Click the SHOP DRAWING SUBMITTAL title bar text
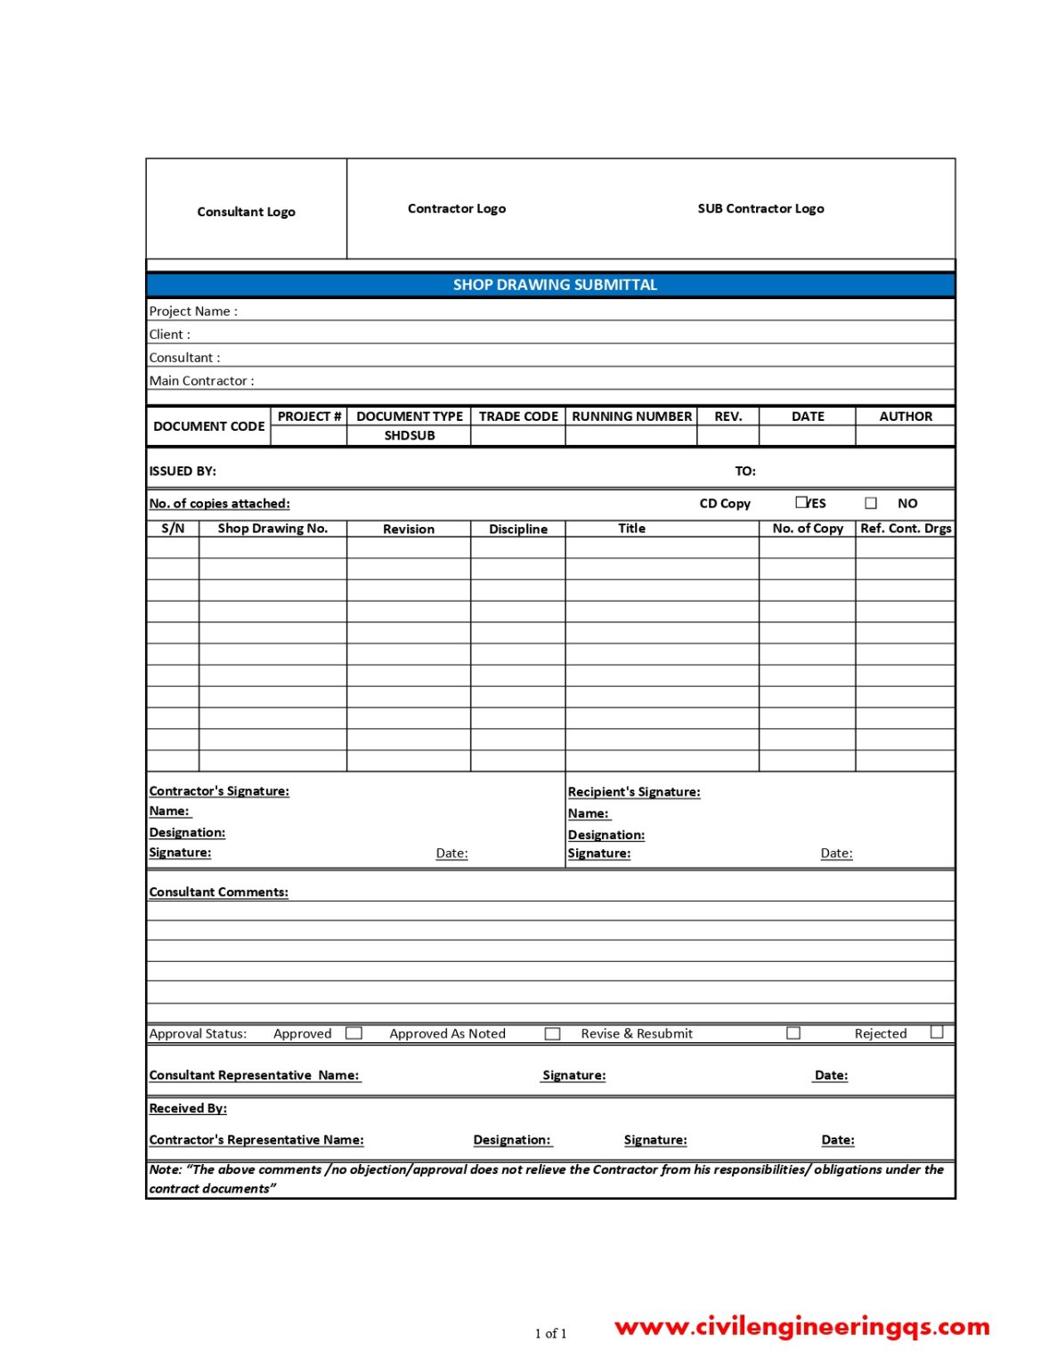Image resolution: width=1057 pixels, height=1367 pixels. click(x=555, y=285)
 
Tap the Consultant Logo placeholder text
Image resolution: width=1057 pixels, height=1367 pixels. click(x=246, y=212)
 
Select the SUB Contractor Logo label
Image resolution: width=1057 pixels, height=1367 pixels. click(x=760, y=208)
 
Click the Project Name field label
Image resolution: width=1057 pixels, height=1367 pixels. click(x=193, y=311)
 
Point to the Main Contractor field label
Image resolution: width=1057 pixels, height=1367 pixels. click(x=201, y=381)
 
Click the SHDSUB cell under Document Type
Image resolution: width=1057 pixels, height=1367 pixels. click(x=410, y=435)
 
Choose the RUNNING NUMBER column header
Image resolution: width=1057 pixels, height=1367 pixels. click(x=631, y=417)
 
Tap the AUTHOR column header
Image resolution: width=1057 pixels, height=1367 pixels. click(x=906, y=417)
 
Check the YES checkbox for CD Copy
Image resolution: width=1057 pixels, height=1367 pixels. click(x=801, y=502)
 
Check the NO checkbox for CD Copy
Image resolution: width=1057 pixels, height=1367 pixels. click(x=871, y=503)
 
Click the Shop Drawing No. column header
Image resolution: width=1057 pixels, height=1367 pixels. click(x=272, y=529)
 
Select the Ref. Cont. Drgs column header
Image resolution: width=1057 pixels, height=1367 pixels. click(x=906, y=529)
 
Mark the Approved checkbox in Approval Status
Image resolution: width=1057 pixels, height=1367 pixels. click(x=354, y=1033)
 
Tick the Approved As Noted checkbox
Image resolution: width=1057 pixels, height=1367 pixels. click(x=553, y=1033)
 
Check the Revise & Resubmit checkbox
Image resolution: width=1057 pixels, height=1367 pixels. click(x=793, y=1033)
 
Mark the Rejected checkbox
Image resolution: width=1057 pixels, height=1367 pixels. click(x=937, y=1032)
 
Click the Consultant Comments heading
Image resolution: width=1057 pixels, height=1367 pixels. click(x=219, y=892)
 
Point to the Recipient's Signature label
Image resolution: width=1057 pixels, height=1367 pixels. click(x=634, y=792)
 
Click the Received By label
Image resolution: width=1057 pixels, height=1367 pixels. click(x=188, y=1108)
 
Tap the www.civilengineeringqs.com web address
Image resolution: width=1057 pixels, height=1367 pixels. click(x=802, y=1326)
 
